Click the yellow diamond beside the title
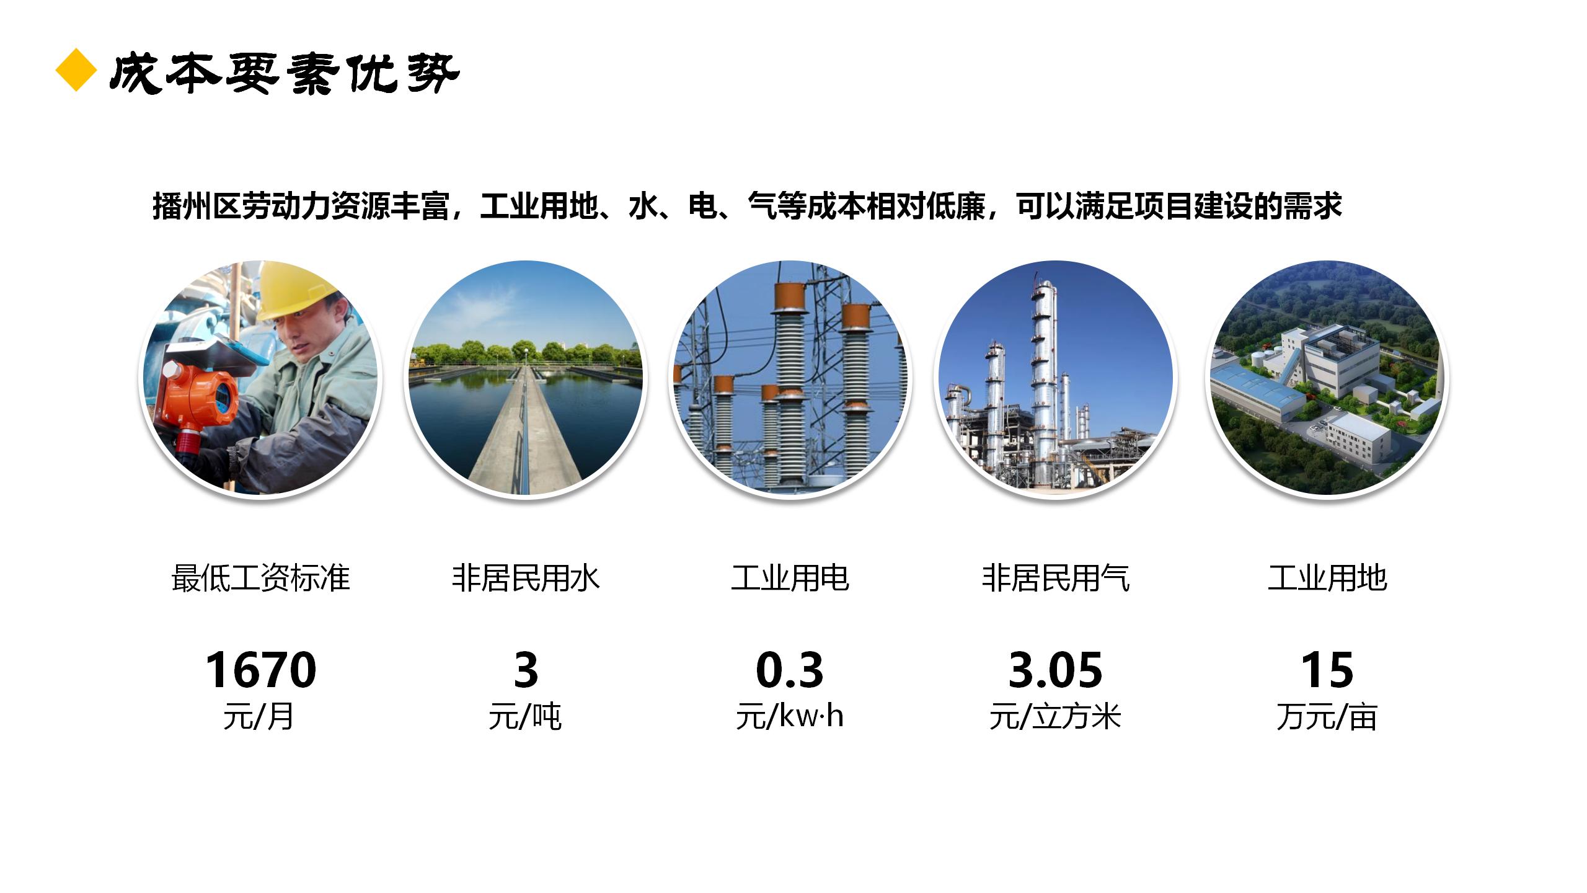click(76, 70)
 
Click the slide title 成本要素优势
click(285, 73)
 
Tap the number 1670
click(261, 670)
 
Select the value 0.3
click(790, 670)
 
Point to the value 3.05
click(1055, 670)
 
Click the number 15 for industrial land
click(1327, 670)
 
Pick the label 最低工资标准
click(261, 578)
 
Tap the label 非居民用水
click(526, 578)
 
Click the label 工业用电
click(790, 578)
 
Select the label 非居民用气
click(1055, 578)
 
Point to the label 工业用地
click(1327, 578)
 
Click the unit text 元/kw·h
click(790, 717)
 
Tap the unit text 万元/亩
click(1327, 718)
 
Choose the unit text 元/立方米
click(1055, 718)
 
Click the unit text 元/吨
click(525, 718)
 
